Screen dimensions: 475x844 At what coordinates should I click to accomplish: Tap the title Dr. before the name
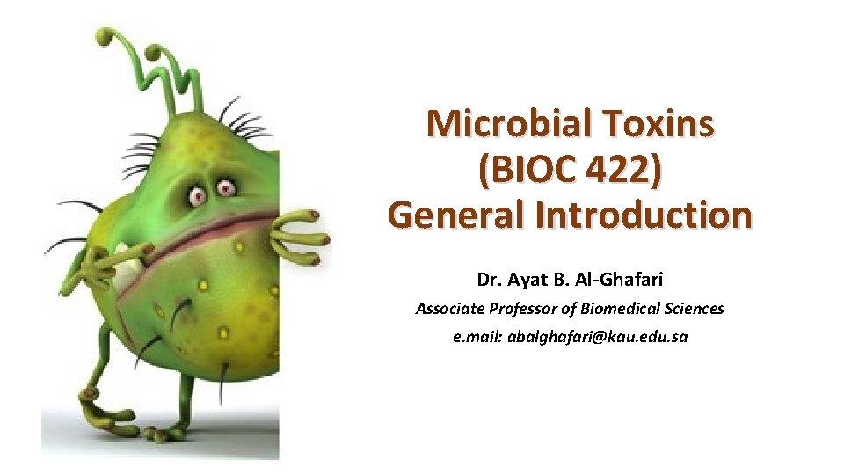(490, 281)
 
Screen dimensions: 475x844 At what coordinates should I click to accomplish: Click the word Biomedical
(619, 309)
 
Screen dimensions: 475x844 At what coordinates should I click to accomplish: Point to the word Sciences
(695, 309)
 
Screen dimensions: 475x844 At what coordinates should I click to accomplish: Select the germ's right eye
(227, 186)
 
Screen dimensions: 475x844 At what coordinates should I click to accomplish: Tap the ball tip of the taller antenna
(105, 37)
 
